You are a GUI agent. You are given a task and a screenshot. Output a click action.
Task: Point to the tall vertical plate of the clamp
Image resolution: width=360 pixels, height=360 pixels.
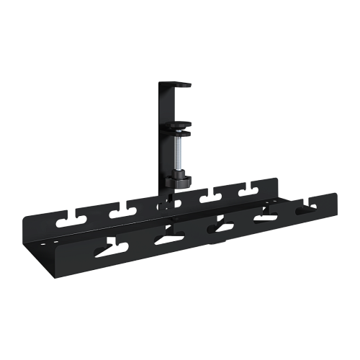point(164,137)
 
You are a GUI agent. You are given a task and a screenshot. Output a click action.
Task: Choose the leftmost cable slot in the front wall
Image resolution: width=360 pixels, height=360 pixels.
point(114,248)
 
